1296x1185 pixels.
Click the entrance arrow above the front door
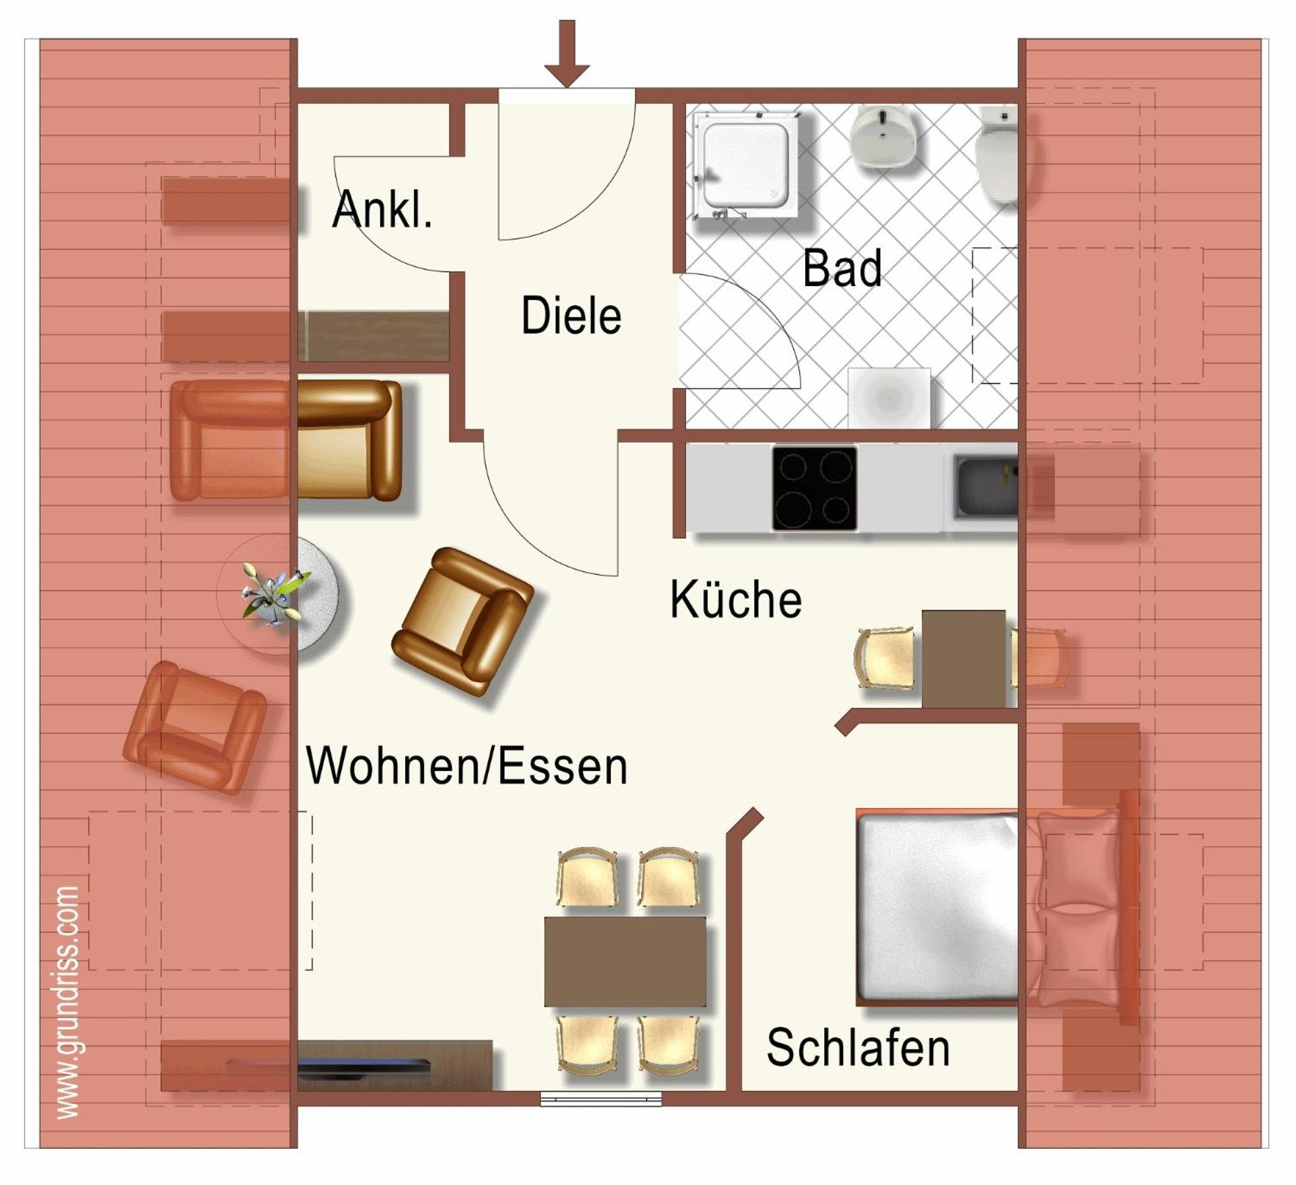click(567, 53)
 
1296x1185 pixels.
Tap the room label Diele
click(571, 316)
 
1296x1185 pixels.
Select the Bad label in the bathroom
click(842, 268)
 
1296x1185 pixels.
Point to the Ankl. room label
click(382, 209)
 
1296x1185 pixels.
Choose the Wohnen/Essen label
click(466, 765)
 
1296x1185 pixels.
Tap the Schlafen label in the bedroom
click(858, 1047)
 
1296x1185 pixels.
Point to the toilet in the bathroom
click(997, 157)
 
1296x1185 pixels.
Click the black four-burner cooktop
click(814, 488)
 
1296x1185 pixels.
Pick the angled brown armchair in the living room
click(463, 622)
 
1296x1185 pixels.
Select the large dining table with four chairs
click(625, 962)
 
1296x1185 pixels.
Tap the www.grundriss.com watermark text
click(67, 1002)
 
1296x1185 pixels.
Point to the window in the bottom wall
click(600, 1099)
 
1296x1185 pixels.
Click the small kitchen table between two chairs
click(963, 659)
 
